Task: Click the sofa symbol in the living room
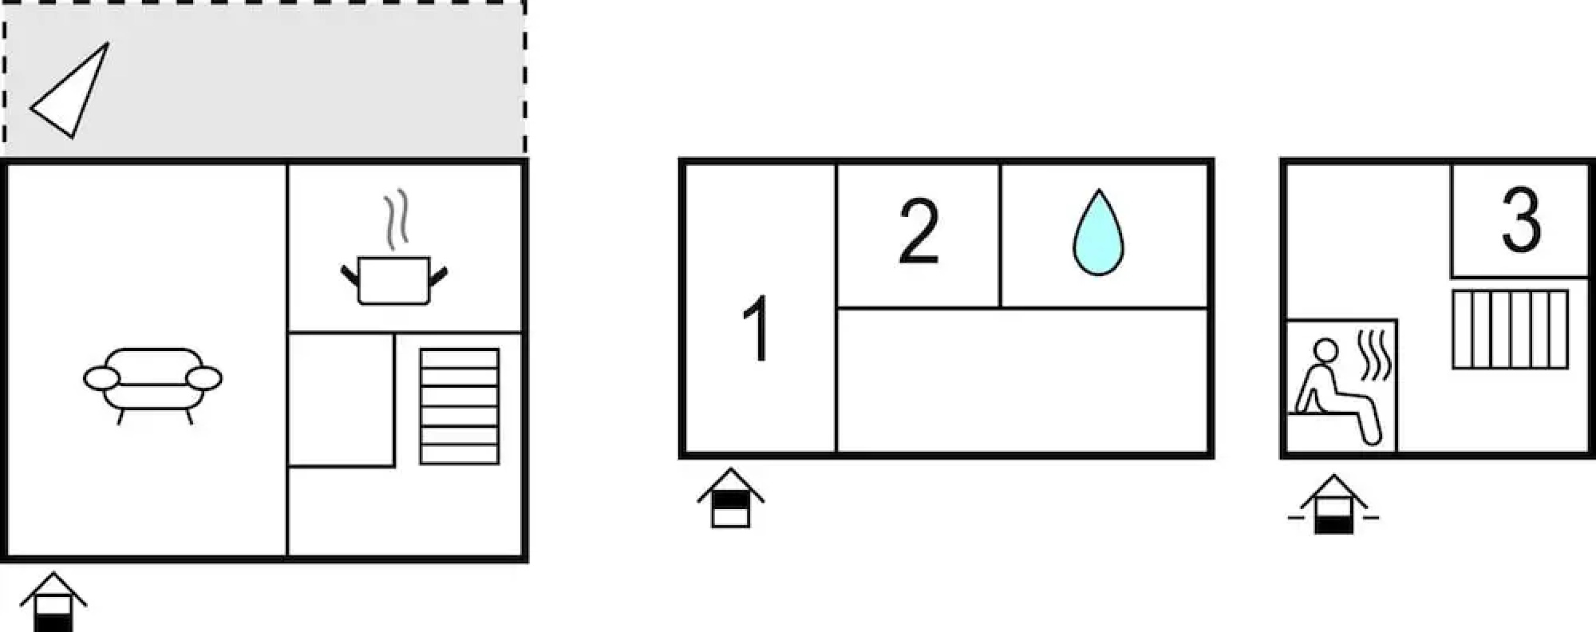(152, 386)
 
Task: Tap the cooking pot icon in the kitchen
(394, 281)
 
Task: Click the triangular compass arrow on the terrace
(70, 91)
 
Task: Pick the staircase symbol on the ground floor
(459, 407)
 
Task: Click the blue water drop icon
(1099, 232)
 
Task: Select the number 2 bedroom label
(918, 232)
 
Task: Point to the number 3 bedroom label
(1522, 220)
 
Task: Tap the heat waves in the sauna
(1375, 356)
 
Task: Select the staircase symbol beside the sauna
(1511, 329)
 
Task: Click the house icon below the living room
(53, 602)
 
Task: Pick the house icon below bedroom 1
(730, 497)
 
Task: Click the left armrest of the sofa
(102, 379)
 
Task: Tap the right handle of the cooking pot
(438, 276)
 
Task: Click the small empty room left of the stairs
(341, 400)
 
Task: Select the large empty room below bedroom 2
(1022, 380)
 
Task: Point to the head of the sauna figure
(1326, 349)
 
